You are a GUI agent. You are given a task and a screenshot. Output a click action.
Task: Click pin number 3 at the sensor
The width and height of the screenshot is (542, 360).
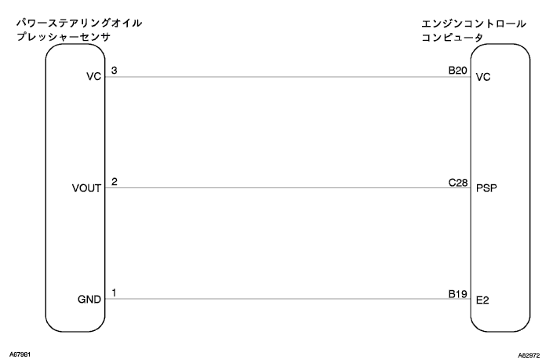point(115,71)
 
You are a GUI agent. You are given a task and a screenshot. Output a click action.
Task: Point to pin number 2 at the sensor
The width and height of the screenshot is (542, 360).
point(115,182)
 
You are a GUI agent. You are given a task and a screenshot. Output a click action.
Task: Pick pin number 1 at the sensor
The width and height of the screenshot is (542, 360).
point(115,293)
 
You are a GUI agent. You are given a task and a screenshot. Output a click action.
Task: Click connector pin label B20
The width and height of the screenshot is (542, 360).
point(457,71)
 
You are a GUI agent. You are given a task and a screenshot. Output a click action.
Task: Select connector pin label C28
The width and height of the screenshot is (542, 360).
point(457,182)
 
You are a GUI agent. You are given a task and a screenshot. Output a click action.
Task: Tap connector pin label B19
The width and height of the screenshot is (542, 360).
point(457,293)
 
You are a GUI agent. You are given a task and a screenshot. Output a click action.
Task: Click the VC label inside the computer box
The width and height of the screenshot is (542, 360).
point(482,78)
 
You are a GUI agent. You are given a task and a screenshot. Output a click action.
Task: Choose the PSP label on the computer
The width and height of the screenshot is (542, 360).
point(486,189)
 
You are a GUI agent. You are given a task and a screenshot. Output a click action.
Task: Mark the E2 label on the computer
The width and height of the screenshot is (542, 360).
point(482,300)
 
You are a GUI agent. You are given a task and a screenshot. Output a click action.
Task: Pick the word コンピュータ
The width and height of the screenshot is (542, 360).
point(454,37)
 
